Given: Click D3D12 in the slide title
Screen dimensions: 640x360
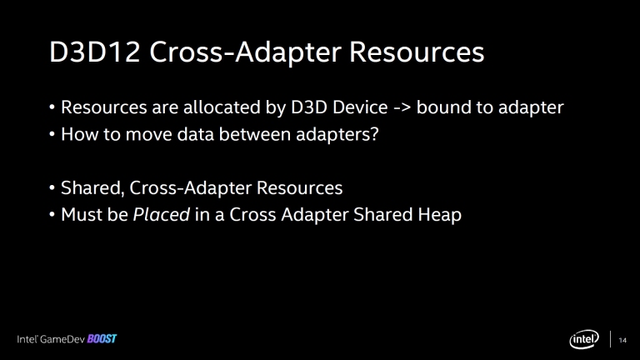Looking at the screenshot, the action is click(95, 52).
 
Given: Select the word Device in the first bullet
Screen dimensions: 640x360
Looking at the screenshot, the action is click(360, 107).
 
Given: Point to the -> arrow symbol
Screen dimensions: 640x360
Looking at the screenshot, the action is click(402, 108).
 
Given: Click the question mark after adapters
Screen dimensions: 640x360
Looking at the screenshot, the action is click(374, 134).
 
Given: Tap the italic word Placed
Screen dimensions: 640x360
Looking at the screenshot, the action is click(161, 215).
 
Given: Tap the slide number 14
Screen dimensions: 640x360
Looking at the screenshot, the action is click(622, 340).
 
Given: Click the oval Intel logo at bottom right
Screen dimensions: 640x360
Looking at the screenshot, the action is click(584, 339).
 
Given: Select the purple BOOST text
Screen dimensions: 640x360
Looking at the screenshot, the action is click(102, 339).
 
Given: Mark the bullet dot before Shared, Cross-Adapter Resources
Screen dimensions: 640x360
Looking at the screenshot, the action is click(52, 188).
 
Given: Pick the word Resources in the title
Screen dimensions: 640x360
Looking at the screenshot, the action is click(417, 52).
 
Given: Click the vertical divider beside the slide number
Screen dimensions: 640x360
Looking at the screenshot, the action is click(611, 339).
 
